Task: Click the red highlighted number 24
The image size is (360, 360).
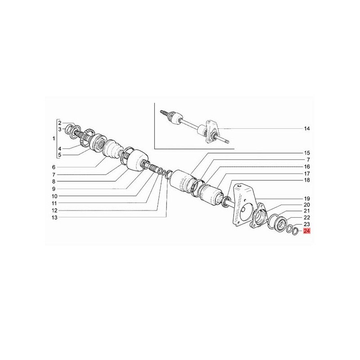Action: point(307,231)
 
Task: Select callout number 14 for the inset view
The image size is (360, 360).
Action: point(307,129)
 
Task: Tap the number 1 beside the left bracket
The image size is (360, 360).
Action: point(54,139)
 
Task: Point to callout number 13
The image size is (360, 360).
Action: point(54,217)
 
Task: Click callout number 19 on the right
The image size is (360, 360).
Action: point(307,198)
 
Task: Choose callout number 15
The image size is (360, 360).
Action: point(307,153)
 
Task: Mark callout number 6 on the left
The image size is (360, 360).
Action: point(54,167)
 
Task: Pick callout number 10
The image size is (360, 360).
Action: point(54,196)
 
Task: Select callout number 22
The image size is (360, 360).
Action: point(307,217)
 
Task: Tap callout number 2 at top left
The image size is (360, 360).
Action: point(60,122)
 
